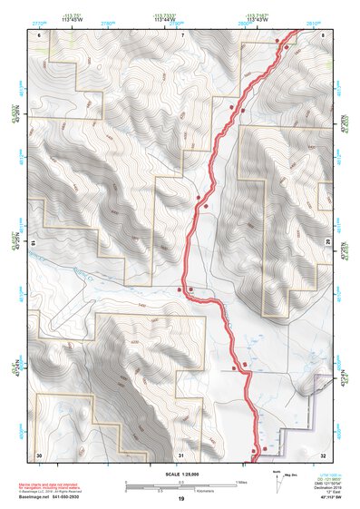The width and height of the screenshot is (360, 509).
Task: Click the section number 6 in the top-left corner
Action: [38, 34]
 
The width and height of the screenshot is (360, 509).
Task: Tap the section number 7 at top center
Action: [181, 34]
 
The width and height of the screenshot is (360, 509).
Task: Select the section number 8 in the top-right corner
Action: [323, 34]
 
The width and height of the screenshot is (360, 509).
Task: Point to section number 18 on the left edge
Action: [34, 244]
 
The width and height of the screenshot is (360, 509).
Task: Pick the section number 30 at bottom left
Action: [38, 453]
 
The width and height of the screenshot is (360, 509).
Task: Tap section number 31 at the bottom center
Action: [181, 453]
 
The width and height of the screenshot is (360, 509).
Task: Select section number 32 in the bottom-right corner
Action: [323, 453]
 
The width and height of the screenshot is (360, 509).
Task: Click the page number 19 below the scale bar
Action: [180, 499]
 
